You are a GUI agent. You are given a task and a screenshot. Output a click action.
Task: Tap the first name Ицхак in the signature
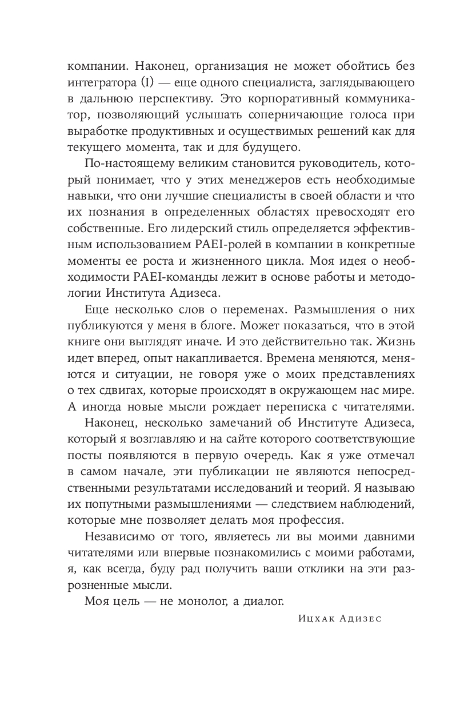coord(315,619)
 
